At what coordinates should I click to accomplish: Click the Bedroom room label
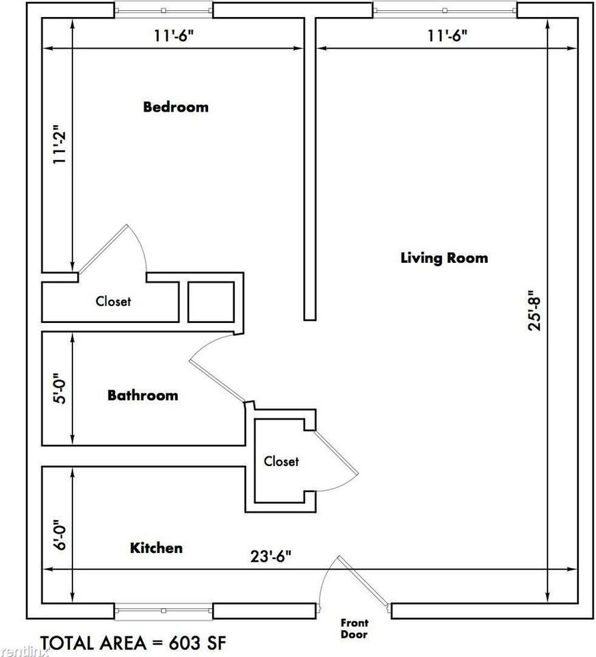tap(175, 107)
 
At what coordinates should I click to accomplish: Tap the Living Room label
tap(444, 258)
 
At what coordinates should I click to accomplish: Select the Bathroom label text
tap(142, 395)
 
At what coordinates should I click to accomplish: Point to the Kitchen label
tap(156, 547)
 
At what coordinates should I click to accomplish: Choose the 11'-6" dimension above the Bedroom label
tap(174, 36)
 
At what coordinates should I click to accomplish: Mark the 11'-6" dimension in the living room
tap(448, 36)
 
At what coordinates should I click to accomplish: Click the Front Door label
tap(354, 628)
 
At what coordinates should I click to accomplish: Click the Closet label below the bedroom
tap(113, 300)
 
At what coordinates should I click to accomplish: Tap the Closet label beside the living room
tap(281, 461)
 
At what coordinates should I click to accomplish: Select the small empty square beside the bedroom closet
tap(211, 301)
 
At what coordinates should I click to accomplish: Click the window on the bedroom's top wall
tap(164, 10)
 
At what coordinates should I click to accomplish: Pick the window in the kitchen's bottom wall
tap(164, 610)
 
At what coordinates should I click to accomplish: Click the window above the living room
tap(445, 10)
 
